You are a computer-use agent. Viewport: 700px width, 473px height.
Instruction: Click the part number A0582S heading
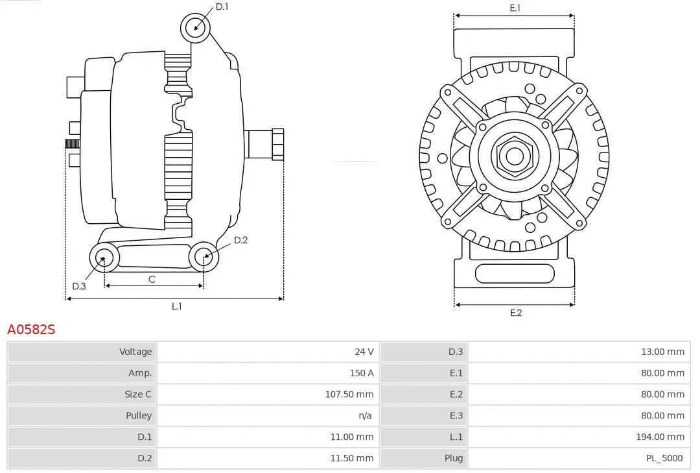click(x=31, y=330)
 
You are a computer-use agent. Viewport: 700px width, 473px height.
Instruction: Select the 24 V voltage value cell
click(x=364, y=352)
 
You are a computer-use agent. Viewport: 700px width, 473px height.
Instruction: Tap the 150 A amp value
click(x=362, y=373)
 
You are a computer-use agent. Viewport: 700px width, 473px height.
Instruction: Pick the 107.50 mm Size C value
click(x=349, y=394)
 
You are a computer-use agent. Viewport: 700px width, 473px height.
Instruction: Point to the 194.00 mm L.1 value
click(x=660, y=437)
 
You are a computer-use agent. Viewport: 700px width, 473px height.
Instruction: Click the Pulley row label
click(x=139, y=415)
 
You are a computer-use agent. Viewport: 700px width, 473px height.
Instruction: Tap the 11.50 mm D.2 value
click(x=351, y=458)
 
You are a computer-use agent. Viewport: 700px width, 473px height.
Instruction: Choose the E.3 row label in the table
click(x=456, y=415)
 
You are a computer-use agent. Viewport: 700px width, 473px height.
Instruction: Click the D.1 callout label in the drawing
click(x=222, y=7)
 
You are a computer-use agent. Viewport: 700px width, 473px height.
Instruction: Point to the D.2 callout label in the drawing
click(x=240, y=240)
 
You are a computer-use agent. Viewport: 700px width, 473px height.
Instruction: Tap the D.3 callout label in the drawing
click(x=79, y=286)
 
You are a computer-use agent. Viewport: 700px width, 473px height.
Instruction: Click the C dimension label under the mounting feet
click(x=152, y=280)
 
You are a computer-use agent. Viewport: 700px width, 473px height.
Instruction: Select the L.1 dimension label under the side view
click(x=176, y=306)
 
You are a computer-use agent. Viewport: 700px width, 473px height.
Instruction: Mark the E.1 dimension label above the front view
click(x=515, y=8)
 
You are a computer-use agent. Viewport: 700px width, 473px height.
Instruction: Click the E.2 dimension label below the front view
click(x=515, y=313)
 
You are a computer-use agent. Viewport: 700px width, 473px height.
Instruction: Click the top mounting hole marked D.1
click(x=195, y=27)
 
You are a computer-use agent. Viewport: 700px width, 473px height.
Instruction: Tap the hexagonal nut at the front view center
click(x=514, y=156)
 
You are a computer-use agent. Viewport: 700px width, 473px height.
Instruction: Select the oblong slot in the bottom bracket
click(x=515, y=273)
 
